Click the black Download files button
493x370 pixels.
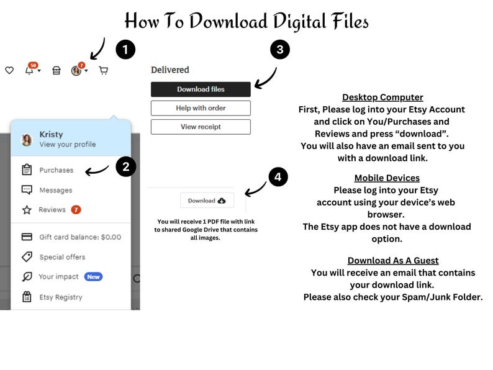coord(201,89)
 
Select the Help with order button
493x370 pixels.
coord(201,108)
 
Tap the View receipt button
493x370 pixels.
coord(201,127)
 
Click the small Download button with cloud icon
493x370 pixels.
coord(207,201)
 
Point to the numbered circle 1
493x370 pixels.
coord(125,50)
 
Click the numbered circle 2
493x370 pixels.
coord(126,166)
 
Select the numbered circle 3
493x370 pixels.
coord(280,50)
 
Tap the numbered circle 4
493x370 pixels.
coord(278,177)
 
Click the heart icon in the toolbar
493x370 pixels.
coord(9,70)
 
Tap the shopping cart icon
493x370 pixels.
coord(104,70)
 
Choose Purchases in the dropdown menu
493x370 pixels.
coord(57,170)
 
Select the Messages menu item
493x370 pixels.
coord(56,190)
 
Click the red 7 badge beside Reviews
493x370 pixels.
coord(76,209)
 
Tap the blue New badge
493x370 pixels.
coord(93,277)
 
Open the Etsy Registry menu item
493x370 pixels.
coord(61,297)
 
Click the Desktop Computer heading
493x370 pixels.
coord(382,97)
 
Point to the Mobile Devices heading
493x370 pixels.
coord(387,178)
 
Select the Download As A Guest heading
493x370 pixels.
coord(393,260)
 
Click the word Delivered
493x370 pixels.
coord(170,70)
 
